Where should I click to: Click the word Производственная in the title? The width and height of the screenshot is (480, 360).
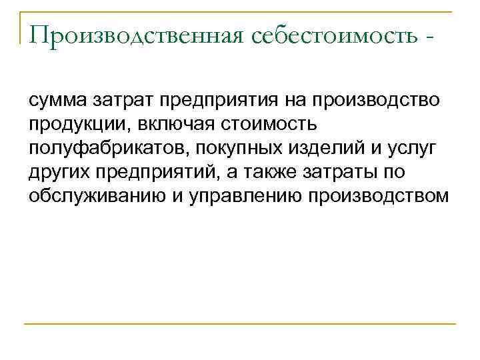[135, 35]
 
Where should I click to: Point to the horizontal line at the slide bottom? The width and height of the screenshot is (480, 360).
[240, 324]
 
